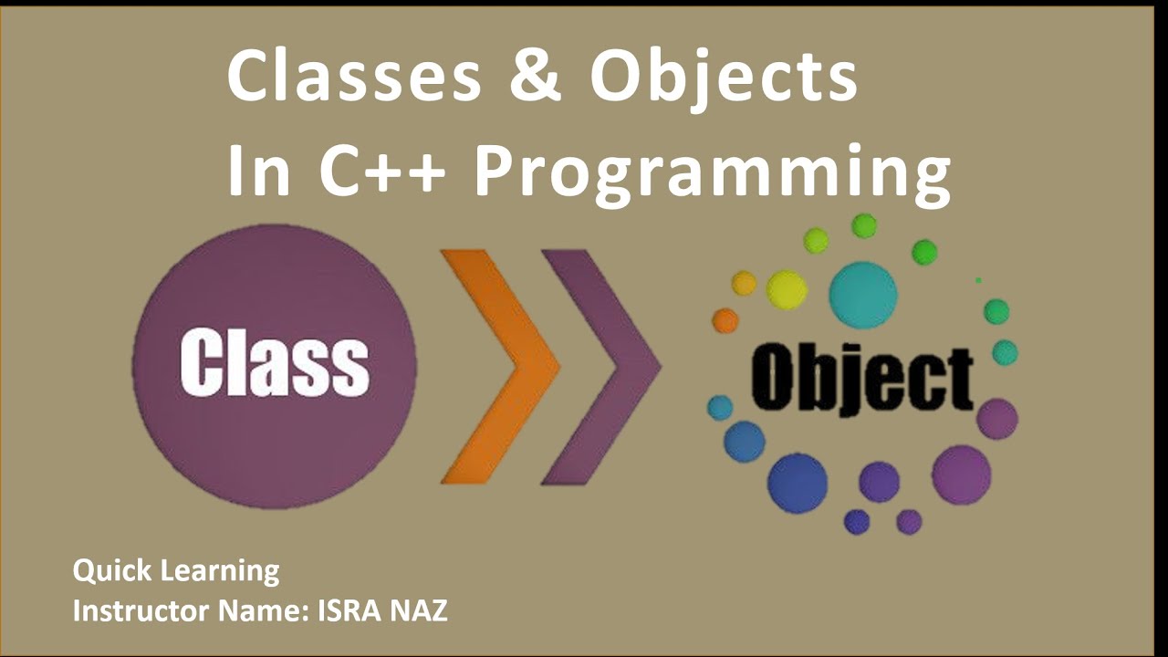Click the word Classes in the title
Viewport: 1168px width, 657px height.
point(354,77)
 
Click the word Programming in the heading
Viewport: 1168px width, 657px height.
point(712,173)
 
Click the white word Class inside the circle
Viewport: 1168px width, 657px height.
point(275,363)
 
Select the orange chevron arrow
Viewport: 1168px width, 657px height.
point(500,366)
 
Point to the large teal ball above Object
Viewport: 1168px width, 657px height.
point(862,295)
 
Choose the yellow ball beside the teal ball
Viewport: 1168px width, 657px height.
point(787,290)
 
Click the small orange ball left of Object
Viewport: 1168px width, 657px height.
point(725,320)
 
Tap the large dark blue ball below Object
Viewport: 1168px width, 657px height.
point(797,483)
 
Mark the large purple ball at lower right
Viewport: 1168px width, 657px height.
point(961,474)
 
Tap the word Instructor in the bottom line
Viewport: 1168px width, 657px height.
point(133,610)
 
